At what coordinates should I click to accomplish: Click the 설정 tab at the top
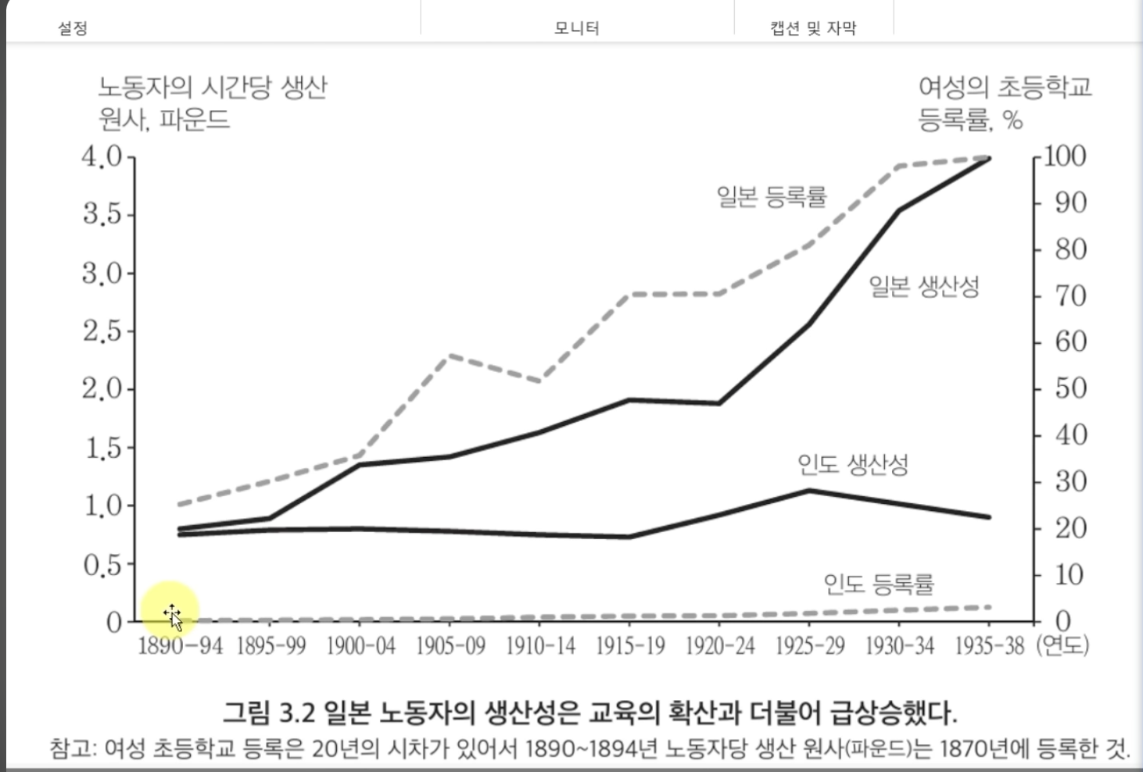tap(73, 29)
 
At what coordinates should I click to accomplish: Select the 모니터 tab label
tap(576, 29)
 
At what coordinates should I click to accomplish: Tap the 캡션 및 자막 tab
tap(813, 29)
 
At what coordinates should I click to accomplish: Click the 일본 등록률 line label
tap(772, 196)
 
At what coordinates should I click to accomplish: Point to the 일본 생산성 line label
tap(924, 287)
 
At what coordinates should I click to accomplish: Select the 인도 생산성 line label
tap(853, 465)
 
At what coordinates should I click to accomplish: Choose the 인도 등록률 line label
tap(879, 584)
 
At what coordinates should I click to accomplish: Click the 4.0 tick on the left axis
tap(102, 156)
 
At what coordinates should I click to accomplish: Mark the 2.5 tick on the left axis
tap(102, 331)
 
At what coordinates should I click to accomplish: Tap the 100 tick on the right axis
tap(1064, 156)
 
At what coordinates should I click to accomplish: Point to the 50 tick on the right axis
tap(1070, 388)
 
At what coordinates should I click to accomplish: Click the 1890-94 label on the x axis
tap(180, 646)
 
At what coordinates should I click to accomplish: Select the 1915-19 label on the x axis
tap(630, 646)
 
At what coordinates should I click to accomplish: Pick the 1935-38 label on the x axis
tap(989, 646)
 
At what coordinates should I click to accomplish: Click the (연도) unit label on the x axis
tap(1062, 646)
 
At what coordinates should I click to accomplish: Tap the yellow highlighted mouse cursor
tap(171, 610)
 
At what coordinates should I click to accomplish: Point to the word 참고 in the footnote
tap(72, 749)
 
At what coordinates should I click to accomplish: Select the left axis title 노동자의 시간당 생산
tap(212, 88)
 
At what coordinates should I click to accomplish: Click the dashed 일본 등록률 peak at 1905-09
tap(450, 356)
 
